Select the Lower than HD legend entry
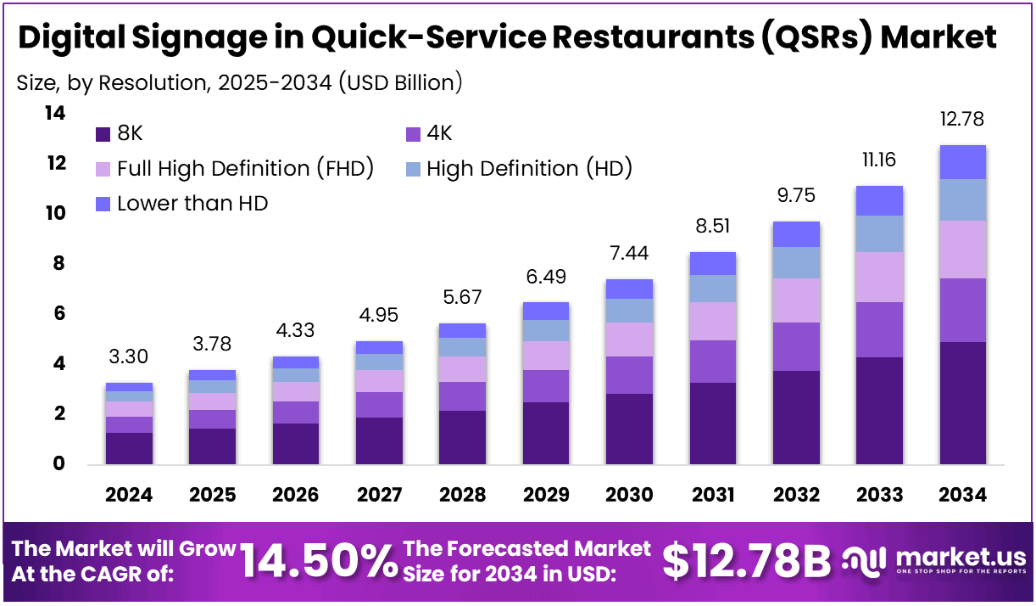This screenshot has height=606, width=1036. (x=182, y=204)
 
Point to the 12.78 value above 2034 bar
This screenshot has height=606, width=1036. (x=962, y=120)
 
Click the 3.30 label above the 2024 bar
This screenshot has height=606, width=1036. (x=129, y=357)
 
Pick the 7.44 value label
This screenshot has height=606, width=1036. (x=630, y=252)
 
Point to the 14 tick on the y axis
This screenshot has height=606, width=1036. (x=55, y=113)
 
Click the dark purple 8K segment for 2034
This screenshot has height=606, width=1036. (x=962, y=403)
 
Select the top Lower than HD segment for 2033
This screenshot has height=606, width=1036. (x=879, y=200)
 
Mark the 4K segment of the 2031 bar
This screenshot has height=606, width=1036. (x=712, y=362)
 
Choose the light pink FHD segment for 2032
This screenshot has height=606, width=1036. (x=796, y=300)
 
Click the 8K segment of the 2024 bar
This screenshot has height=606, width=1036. (x=129, y=448)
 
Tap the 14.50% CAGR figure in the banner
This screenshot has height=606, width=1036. (x=319, y=560)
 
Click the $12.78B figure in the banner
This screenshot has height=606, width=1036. (x=746, y=560)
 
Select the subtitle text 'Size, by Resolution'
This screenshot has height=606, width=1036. (x=114, y=82)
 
